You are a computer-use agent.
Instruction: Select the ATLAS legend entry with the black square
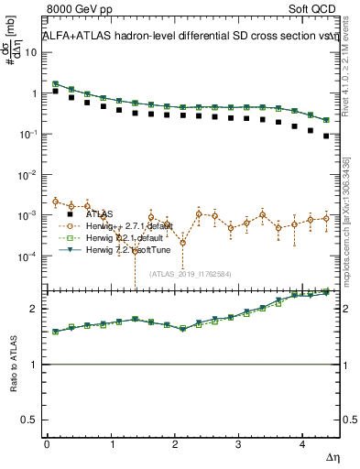pyautogui.click(x=101, y=213)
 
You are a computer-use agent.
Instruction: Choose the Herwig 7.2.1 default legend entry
pyautogui.click(x=117, y=237)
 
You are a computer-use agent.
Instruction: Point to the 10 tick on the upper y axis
pyautogui.click(x=31, y=53)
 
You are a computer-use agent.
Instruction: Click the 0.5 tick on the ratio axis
pyautogui.click(x=29, y=420)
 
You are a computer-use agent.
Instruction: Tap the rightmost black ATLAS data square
pyautogui.click(x=327, y=136)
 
